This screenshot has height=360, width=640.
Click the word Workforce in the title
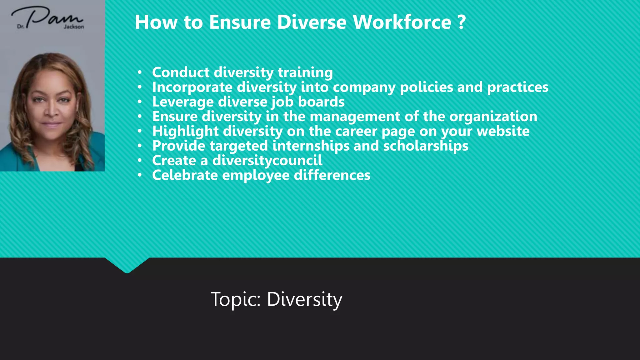click(x=402, y=22)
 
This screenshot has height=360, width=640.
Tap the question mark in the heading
click(x=461, y=22)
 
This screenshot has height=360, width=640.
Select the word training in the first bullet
click(x=305, y=73)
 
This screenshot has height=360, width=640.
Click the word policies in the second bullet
click(x=427, y=87)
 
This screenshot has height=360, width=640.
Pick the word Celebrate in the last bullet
click(x=185, y=175)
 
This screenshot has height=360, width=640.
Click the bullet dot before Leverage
click(x=140, y=102)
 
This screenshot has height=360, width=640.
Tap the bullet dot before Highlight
click(x=140, y=131)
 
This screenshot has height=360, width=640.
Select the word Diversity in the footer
click(x=304, y=299)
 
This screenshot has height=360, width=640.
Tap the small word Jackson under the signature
click(x=74, y=27)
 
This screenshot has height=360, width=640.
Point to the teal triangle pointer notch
click(x=127, y=266)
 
